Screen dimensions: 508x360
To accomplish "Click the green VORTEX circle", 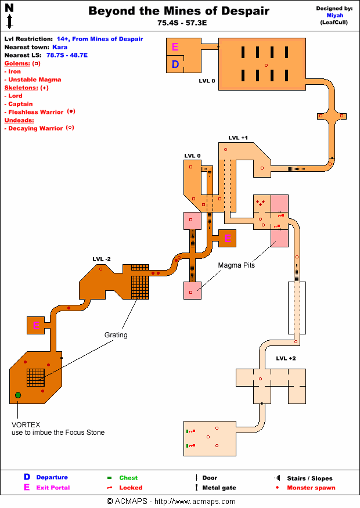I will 18,395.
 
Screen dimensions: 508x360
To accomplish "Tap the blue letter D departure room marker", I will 175,64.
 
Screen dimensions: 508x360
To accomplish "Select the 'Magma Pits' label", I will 237,265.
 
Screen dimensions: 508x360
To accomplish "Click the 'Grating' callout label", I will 116,335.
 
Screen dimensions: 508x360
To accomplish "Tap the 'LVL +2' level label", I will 286,359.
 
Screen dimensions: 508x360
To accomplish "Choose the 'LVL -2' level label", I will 102,258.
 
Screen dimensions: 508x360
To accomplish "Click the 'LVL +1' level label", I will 238,138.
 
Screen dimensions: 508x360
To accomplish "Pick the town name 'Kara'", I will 60,47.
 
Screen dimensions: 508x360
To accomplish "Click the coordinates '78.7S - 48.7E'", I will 67,55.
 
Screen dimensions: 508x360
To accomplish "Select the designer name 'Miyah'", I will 335,16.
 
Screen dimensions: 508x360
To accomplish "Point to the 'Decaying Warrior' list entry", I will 35,128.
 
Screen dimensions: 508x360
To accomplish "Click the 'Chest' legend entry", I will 128,478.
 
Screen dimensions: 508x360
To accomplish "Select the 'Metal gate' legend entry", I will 219,488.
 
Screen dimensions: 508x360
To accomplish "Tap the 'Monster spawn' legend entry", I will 311,488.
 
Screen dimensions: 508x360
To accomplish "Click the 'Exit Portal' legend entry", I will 53,488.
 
